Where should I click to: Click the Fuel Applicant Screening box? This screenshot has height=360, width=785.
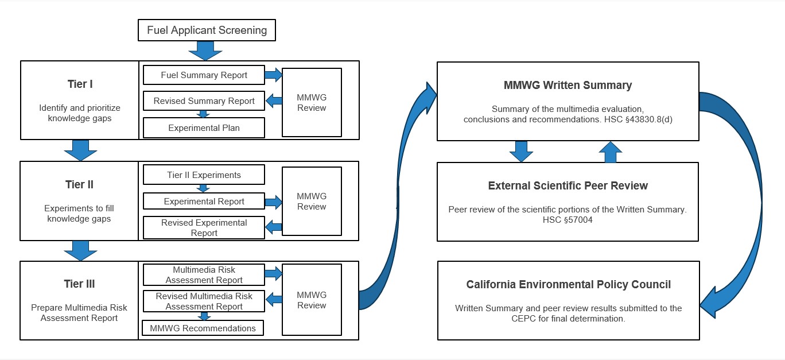[207, 30]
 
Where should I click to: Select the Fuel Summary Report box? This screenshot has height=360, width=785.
[204, 75]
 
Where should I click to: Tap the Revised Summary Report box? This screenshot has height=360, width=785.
[204, 101]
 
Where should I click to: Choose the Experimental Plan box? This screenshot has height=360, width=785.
[204, 128]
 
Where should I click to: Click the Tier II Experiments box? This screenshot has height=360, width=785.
[204, 175]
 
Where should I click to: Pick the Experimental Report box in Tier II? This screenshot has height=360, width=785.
[204, 202]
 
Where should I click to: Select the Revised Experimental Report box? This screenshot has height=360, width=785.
[204, 228]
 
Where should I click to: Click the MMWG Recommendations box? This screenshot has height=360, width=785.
[203, 328]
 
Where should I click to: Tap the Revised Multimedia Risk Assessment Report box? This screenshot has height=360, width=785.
[204, 301]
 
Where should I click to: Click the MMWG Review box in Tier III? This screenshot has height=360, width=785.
[312, 300]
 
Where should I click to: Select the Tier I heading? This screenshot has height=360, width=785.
[80, 84]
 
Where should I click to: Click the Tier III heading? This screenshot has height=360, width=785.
[80, 284]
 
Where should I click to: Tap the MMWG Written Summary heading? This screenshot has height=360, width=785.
[568, 86]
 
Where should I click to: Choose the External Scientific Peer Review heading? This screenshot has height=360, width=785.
[568, 186]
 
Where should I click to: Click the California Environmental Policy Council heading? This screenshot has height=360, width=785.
[568, 285]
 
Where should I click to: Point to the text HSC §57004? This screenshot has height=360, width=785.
[568, 220]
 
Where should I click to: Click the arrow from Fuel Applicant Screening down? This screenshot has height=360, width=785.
[205, 51]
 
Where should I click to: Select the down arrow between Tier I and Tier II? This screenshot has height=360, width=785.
[80, 150]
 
